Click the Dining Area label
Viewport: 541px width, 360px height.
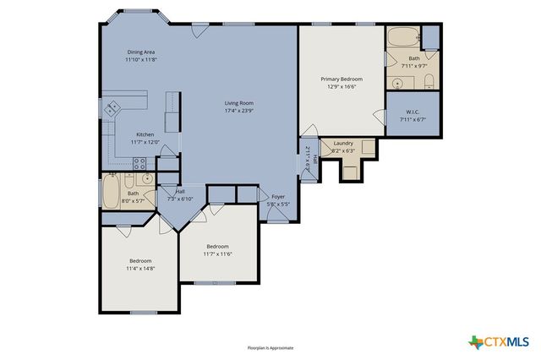click(x=140, y=52)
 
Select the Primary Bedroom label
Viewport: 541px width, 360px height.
click(x=341, y=79)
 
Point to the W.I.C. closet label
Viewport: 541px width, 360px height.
click(x=412, y=111)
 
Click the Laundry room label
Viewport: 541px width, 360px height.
click(x=342, y=143)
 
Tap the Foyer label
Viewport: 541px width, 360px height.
click(x=277, y=196)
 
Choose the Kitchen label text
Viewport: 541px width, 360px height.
click(x=145, y=134)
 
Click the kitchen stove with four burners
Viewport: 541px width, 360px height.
click(x=141, y=163)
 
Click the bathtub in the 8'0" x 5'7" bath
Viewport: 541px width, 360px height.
click(x=112, y=192)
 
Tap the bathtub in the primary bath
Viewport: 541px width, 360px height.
click(x=402, y=37)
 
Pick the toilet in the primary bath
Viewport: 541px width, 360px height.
click(x=429, y=82)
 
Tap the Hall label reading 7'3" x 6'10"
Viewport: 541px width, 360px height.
click(x=179, y=195)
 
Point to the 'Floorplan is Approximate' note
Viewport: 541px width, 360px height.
click(x=270, y=347)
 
